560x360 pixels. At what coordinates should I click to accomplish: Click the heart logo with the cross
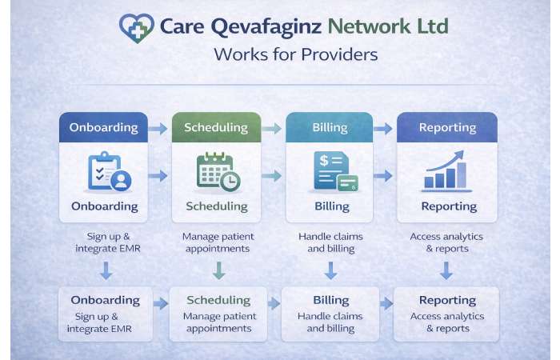pos(135,27)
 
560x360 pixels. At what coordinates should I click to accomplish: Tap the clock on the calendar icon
pos(230,182)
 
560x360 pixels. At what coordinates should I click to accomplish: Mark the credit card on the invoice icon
pos(347,184)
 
